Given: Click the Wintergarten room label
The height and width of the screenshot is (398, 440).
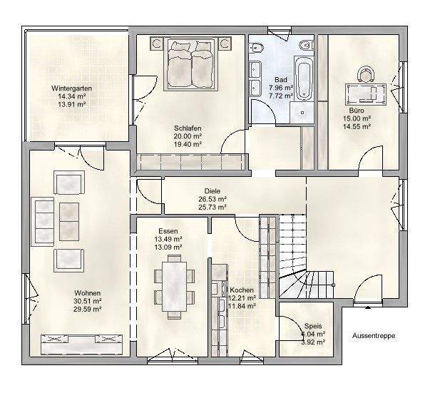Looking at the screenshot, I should pyautogui.click(x=71, y=88).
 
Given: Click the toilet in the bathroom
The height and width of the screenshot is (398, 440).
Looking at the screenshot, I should pyautogui.click(x=260, y=49).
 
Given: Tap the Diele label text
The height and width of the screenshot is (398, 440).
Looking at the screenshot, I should pyautogui.click(x=212, y=190).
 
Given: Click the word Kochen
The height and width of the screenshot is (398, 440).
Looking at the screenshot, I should pyautogui.click(x=241, y=290).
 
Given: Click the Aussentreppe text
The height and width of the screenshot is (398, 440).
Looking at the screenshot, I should pyautogui.click(x=374, y=335).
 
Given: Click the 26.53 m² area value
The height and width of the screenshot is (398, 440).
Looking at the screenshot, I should pyautogui.click(x=212, y=199).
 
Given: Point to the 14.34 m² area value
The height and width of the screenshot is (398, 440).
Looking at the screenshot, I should pyautogui.click(x=71, y=96).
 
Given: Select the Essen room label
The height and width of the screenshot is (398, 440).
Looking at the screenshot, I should pyautogui.click(x=168, y=230).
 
